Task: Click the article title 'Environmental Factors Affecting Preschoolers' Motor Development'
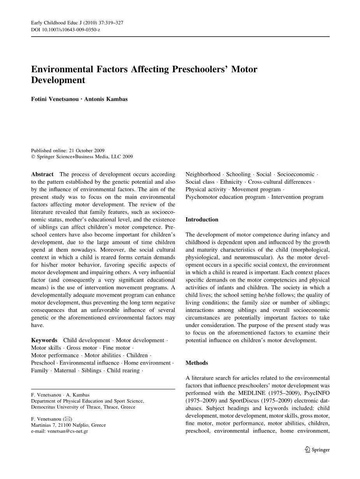[144, 75]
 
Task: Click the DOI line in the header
[65, 30]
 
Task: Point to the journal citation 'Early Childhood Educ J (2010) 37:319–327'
[77, 23]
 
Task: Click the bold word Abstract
[42, 174]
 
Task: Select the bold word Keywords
[44, 340]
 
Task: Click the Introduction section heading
[202, 220]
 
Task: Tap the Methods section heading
[197, 363]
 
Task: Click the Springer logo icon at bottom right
[307, 450]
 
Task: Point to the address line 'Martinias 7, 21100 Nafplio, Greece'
[68, 425]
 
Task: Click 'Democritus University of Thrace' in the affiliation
[65, 407]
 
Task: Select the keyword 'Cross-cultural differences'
[279, 182]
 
